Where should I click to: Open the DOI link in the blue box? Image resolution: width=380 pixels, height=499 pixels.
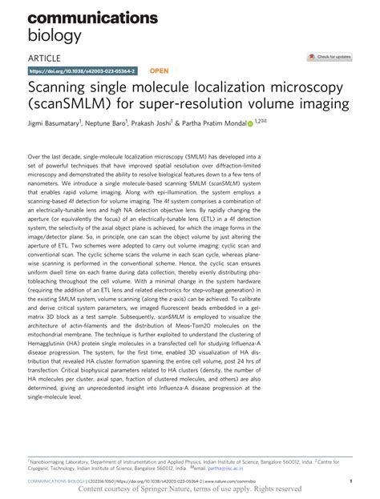pos(82,70)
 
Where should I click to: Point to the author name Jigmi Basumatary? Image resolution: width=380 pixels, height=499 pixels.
pos(62,125)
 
